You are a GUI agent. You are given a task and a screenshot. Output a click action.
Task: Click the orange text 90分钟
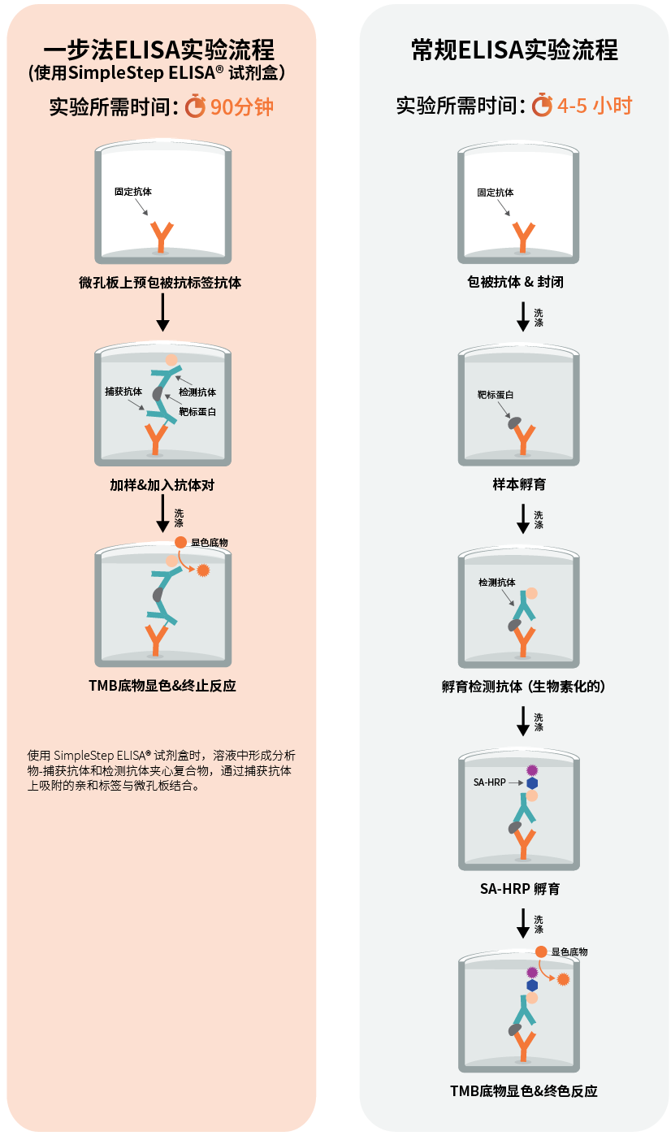point(242,107)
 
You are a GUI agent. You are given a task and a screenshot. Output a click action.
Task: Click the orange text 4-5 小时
point(595,106)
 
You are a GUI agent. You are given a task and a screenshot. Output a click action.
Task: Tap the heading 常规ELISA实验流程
point(514,50)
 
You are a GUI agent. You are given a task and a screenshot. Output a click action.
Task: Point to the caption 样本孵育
point(519,484)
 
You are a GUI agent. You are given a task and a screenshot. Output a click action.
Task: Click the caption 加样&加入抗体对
point(162,485)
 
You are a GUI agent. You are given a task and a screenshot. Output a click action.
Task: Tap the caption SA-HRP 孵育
point(519,889)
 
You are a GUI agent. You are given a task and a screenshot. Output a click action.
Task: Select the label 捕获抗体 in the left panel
point(123,392)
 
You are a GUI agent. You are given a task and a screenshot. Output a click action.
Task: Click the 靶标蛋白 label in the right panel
point(495,395)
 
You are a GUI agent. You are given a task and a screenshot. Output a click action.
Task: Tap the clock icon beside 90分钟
point(195,106)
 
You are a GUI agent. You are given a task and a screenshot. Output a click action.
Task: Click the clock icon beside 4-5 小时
point(542,106)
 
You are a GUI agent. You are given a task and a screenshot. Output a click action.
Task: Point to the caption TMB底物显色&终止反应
point(162,685)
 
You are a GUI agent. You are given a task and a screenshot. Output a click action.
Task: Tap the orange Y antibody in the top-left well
point(162,236)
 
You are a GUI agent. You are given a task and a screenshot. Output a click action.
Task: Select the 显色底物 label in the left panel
point(209,542)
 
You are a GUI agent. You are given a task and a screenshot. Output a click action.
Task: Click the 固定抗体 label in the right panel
point(495,193)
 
